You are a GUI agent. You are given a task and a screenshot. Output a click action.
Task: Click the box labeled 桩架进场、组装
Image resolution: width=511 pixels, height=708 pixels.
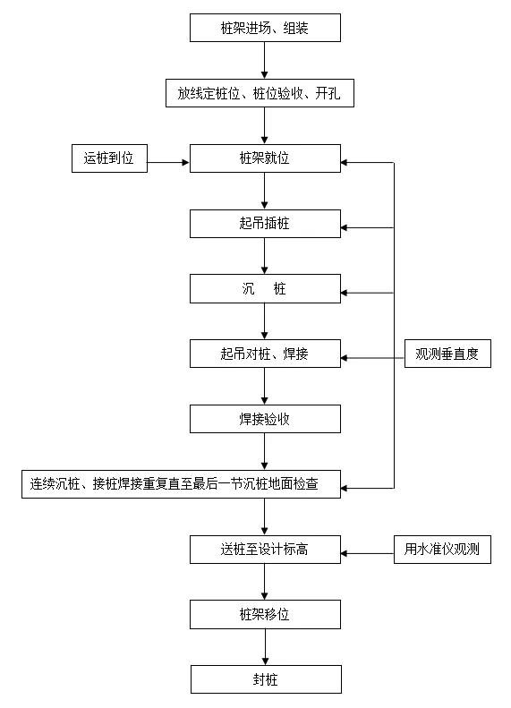pos(265,28)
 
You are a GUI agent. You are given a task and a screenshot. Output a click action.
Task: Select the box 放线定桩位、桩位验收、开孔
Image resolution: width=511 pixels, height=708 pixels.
pos(260,93)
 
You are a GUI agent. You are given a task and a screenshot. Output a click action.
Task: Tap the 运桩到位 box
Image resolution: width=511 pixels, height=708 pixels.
pos(109,158)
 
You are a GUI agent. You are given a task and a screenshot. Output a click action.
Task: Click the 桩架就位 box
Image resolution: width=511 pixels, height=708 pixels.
pos(265,158)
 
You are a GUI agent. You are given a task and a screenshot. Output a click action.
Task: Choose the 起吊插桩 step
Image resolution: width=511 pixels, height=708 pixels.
pos(265,224)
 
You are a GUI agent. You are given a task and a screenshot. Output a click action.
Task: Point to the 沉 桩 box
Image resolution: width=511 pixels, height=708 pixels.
pos(265,288)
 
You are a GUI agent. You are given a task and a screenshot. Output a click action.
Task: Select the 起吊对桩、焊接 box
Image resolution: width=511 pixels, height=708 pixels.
pos(265,354)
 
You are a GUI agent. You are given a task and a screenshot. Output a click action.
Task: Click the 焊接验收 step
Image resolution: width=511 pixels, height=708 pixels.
pos(265,419)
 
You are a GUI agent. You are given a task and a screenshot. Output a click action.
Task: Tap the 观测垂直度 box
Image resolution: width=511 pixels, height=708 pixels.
pos(447,354)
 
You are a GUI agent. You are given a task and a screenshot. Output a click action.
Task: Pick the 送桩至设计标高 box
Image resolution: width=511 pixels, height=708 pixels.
pos(265,550)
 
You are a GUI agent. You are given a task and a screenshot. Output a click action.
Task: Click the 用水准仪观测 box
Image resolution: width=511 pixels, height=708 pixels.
pos(442,550)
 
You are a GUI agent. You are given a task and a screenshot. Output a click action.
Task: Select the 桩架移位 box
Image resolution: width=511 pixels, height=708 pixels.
pos(265,615)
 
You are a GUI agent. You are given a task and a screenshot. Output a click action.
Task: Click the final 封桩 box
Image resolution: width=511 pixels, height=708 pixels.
pos(266,679)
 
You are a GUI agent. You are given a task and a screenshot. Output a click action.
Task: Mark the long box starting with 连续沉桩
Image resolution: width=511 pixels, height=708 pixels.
pos(181,484)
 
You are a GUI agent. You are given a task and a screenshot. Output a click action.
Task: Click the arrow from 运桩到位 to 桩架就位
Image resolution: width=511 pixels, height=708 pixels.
pos(168,162)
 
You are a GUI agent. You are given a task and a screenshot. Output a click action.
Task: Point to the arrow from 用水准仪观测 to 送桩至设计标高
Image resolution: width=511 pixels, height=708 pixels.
pos(367,553)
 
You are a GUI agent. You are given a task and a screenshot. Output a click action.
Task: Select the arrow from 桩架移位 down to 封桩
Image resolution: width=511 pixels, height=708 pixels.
pos(266,647)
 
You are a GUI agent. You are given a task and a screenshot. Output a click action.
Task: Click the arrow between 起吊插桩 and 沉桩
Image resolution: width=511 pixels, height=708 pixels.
pos(265,256)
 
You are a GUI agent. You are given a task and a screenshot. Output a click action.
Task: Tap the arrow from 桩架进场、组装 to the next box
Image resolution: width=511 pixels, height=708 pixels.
pos(265,61)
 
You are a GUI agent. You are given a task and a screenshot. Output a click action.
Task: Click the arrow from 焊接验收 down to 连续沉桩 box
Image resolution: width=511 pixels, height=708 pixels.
pos(265,451)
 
